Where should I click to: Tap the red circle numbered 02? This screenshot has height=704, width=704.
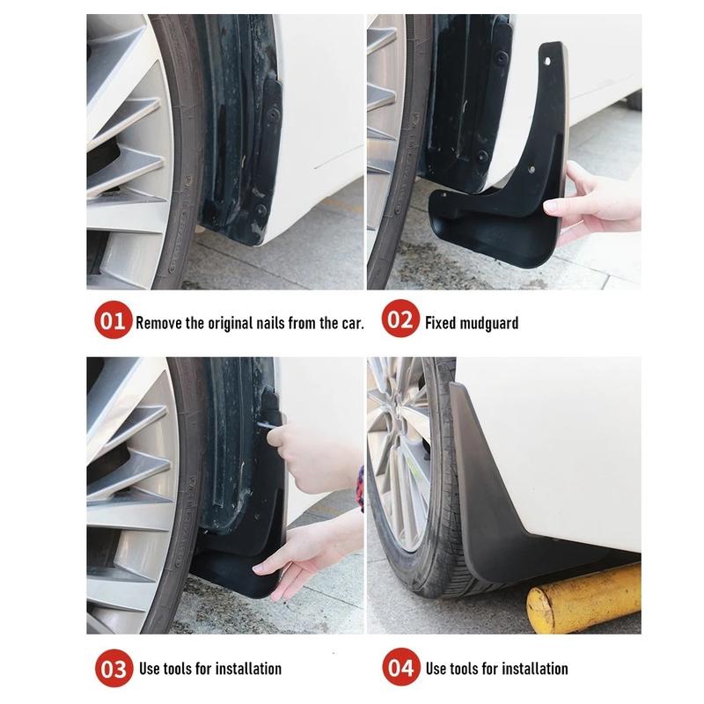[400, 322]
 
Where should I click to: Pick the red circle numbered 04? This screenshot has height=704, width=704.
[400, 669]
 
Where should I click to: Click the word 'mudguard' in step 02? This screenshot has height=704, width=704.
[489, 323]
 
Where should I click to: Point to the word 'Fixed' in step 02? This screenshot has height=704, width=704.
[440, 323]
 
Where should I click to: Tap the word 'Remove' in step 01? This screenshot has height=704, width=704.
[158, 323]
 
